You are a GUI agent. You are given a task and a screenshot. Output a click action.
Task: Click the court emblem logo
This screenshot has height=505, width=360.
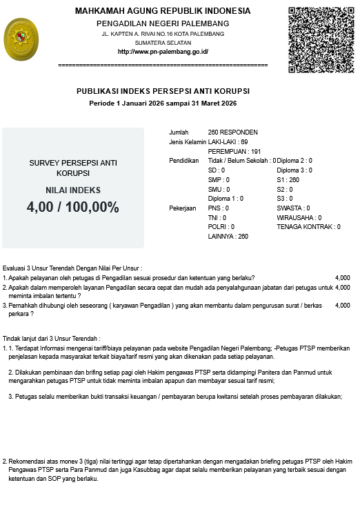22,39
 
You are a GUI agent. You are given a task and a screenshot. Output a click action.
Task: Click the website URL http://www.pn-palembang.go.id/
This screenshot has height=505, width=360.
163,52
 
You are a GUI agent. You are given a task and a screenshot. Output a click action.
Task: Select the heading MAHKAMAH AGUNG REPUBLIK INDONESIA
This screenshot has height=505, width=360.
163,11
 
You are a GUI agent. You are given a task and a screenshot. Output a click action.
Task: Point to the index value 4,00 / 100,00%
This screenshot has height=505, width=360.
73,207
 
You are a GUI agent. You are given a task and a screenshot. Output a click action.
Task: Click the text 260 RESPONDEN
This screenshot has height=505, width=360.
232,132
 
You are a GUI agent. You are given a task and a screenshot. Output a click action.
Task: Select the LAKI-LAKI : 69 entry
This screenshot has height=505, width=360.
228,141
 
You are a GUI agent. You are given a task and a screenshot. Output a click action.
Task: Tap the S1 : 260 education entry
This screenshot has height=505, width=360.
288,179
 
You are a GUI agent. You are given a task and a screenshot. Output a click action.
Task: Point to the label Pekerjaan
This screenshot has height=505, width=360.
183,208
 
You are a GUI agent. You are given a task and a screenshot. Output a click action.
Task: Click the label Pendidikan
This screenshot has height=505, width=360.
184,160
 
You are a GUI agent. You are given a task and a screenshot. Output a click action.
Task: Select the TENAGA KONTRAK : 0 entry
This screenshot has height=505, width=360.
308,226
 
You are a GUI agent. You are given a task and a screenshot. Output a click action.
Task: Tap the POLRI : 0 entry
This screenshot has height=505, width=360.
221,226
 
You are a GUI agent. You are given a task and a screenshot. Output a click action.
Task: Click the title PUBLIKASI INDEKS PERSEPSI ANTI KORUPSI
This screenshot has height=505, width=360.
163,91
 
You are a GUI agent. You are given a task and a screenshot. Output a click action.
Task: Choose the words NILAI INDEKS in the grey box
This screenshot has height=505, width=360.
73,190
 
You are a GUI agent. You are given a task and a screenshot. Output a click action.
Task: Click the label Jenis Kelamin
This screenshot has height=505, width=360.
188,141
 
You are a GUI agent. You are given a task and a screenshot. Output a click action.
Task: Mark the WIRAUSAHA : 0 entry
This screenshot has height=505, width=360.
299,217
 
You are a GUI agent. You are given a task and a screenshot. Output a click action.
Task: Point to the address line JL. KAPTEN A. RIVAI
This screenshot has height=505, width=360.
163,33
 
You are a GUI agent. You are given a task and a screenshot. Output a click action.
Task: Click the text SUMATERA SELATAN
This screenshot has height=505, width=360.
163,42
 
